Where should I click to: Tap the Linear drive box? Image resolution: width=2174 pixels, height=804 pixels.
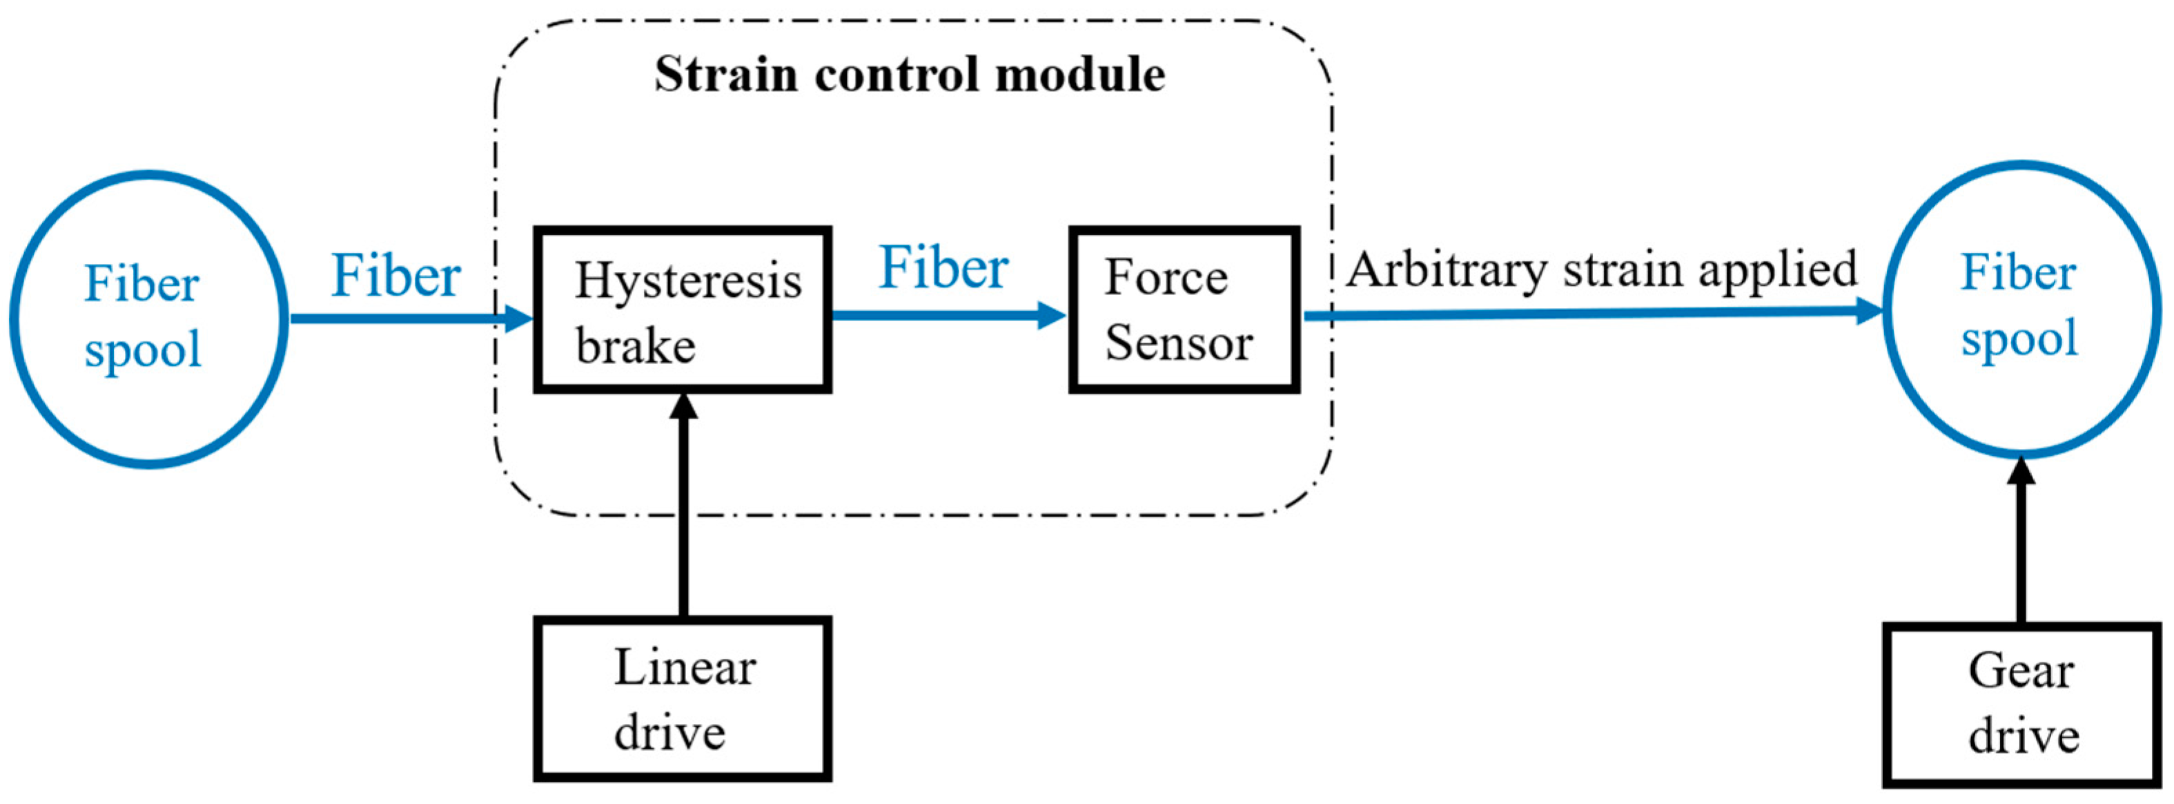pos(682,698)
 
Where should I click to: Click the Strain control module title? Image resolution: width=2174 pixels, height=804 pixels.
pos(910,75)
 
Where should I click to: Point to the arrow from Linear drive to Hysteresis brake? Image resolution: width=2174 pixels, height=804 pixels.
pos(682,507)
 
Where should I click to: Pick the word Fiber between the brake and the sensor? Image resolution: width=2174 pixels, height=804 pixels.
pos(943,269)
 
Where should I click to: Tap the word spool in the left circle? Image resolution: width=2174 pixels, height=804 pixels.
pos(144,349)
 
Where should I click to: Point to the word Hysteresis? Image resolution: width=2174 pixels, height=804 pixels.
pos(688,280)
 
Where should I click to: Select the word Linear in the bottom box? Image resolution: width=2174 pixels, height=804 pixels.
pos(685,668)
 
